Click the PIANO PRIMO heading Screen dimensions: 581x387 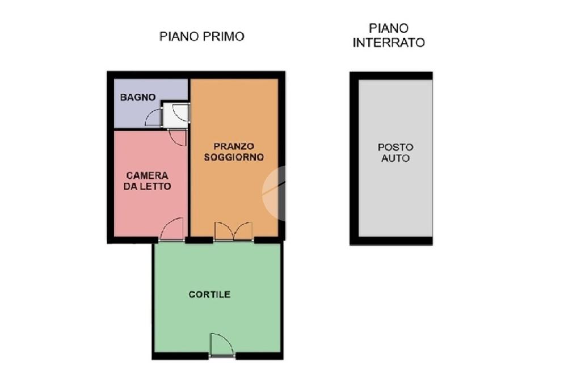202,36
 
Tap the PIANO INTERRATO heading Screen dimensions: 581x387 389,36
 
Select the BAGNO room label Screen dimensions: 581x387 138,98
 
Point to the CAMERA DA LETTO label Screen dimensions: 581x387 147,180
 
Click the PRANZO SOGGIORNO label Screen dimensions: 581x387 234,152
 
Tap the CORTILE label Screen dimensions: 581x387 209,295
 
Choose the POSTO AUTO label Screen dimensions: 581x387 395,152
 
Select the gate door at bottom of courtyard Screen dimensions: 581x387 222,345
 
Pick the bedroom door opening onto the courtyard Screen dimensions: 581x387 172,229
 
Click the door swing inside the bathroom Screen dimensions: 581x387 153,117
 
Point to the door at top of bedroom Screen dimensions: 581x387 177,137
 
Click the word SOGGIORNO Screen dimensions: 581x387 234,157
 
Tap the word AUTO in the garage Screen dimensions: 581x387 395,158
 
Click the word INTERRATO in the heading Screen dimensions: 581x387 389,43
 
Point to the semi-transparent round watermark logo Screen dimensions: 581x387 274,193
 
